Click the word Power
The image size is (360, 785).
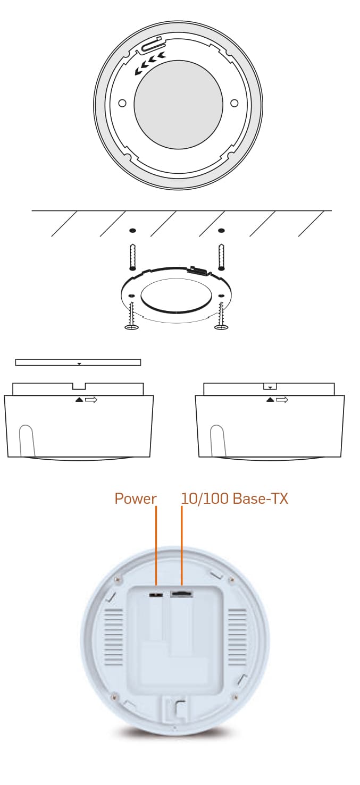point(135,499)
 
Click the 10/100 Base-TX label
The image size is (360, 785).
point(235,499)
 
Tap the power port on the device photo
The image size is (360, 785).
point(156,595)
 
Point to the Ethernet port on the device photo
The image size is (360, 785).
point(181,594)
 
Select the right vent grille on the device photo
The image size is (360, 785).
point(238,637)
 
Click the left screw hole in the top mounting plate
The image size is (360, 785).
point(122,104)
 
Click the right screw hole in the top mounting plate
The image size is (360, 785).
point(235,104)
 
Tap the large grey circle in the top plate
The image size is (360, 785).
point(179,104)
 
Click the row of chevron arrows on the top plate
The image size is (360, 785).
point(150,64)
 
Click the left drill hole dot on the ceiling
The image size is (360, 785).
point(133,231)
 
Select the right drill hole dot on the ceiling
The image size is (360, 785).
point(221,231)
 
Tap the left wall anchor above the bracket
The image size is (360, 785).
point(133,257)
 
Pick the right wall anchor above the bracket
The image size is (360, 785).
point(221,257)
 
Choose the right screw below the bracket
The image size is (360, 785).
point(221,316)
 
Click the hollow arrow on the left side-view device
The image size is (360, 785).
point(91,400)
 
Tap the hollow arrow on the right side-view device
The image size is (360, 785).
point(282,400)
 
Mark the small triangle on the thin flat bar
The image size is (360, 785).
point(79,364)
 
